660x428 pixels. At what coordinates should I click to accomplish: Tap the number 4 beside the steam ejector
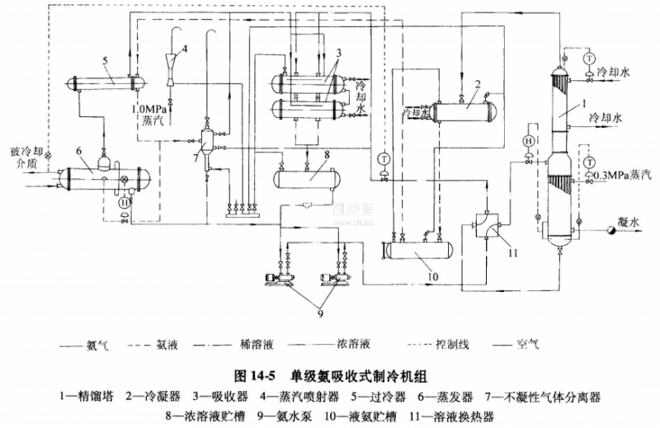coord(185,49)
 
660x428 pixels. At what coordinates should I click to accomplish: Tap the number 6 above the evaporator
coord(77,152)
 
